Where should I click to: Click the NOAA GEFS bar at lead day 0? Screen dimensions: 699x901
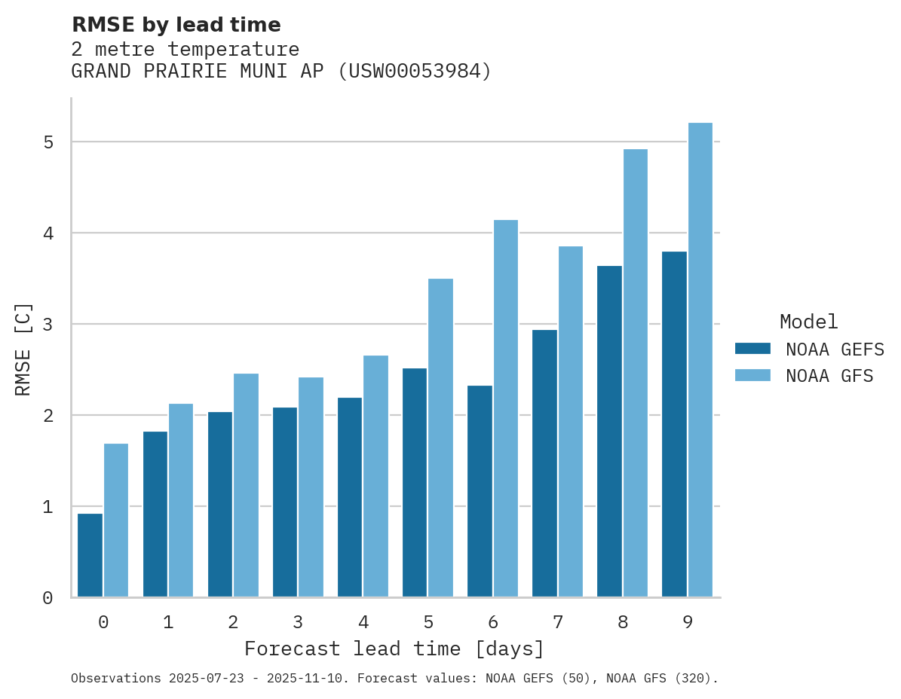click(90, 555)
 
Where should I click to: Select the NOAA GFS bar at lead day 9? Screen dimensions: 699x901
click(700, 360)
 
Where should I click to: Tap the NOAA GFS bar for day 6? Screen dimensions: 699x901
click(506, 408)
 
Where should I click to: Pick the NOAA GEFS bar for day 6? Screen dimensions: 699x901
click(480, 491)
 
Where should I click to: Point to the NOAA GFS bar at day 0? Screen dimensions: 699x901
click(116, 520)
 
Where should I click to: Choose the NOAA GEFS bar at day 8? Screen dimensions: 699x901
click(609, 431)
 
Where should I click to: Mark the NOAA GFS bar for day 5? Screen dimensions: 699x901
click(441, 438)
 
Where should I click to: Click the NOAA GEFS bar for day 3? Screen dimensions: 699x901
click(285, 502)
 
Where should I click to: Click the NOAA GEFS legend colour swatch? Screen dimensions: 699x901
click(752, 349)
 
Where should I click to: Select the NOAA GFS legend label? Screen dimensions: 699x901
click(829, 376)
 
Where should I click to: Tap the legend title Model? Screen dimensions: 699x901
click(808, 322)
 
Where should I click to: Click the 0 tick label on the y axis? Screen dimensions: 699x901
click(47, 598)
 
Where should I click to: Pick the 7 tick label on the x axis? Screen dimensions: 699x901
click(558, 622)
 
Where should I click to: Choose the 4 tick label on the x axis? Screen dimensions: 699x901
click(363, 622)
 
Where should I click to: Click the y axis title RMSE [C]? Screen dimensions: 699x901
click(23, 349)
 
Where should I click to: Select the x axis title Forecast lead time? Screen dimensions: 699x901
click(394, 649)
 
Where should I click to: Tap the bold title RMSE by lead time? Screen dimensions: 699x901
click(176, 25)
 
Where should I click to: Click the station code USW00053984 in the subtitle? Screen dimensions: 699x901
click(414, 72)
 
